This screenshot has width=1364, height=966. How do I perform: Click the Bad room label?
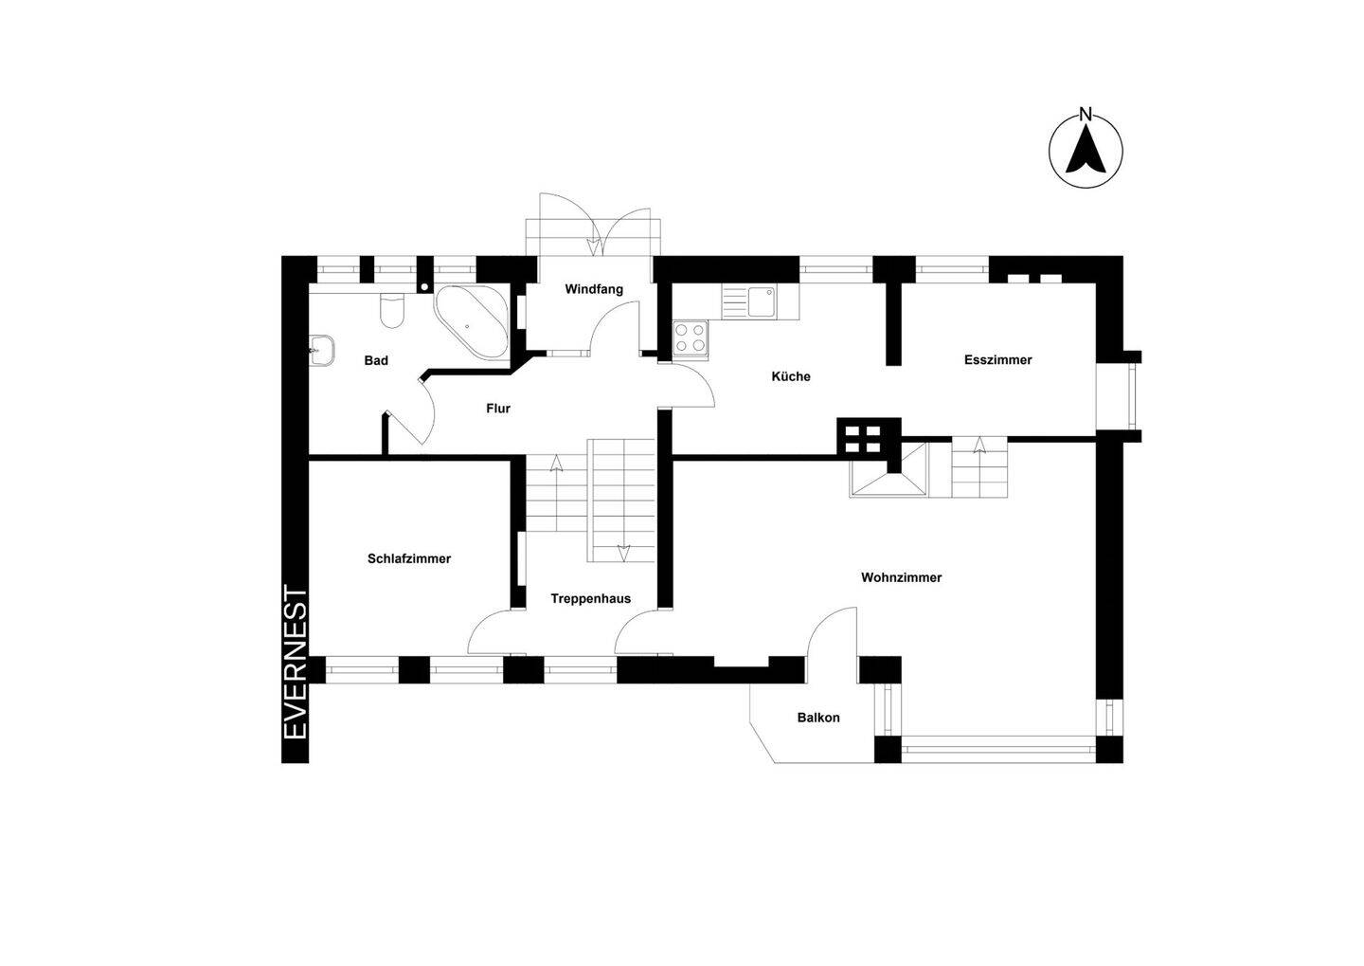(376, 361)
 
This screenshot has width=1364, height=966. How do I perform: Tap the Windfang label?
(594, 289)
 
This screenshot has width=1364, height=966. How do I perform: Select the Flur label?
(498, 409)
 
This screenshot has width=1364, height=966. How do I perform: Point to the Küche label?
(791, 376)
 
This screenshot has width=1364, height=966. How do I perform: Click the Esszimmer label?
(998, 360)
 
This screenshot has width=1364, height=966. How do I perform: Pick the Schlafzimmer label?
(409, 559)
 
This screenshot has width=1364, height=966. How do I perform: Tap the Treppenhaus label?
(591, 599)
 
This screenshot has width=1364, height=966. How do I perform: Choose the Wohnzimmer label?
(901, 577)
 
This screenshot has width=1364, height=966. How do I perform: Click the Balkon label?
(818, 718)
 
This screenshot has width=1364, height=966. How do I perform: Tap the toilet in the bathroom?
(391, 311)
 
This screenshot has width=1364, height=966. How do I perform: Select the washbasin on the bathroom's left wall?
(321, 351)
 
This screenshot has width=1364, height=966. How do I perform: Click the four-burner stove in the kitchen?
(690, 337)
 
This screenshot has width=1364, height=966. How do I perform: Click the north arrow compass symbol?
(1086, 151)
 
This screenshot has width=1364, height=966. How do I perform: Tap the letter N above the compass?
(1086, 114)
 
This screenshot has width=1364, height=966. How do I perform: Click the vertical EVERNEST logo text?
(296, 663)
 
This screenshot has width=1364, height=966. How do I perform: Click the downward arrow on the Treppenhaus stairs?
(623, 553)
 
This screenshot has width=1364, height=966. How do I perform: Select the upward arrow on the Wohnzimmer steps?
(979, 445)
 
